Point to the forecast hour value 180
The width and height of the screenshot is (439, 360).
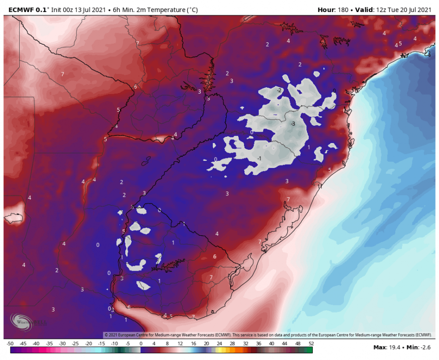344,10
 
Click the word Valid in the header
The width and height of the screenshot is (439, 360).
365,10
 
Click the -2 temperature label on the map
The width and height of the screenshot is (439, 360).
279,90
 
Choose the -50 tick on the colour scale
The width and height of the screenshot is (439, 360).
10,344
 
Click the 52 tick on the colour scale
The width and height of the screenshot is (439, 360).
311,344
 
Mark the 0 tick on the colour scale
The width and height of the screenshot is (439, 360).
141,344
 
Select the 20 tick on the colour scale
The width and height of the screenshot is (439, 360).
206,344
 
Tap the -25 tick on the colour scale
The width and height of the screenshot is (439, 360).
75,344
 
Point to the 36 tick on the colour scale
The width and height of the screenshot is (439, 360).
258,344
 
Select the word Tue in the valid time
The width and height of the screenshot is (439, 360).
394,10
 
